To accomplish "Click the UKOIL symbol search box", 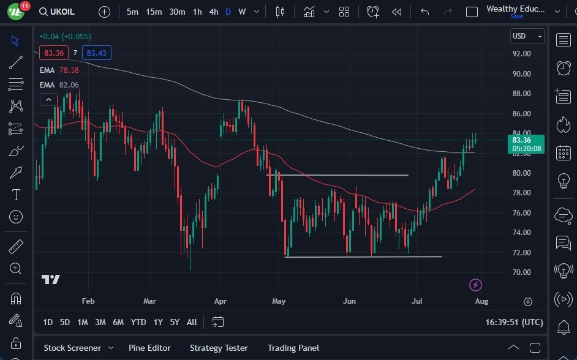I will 61,12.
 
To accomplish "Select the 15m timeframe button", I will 154,12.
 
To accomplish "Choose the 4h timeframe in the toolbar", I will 213,12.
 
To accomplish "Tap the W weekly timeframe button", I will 242,12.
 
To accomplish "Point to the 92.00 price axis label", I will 521,54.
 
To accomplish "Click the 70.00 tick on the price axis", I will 521,272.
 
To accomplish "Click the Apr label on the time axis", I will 221,301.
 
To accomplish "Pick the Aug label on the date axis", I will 481,301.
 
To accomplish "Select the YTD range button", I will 138,322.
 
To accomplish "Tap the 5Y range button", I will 175,322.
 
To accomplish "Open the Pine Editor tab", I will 149,348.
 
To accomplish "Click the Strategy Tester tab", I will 219,348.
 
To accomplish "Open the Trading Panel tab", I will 293,348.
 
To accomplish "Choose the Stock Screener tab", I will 72,348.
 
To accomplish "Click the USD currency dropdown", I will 527,36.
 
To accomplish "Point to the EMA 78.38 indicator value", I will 69,70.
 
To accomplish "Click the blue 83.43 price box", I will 96,53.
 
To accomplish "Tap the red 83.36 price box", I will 54,53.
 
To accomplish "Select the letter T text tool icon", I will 16,195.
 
